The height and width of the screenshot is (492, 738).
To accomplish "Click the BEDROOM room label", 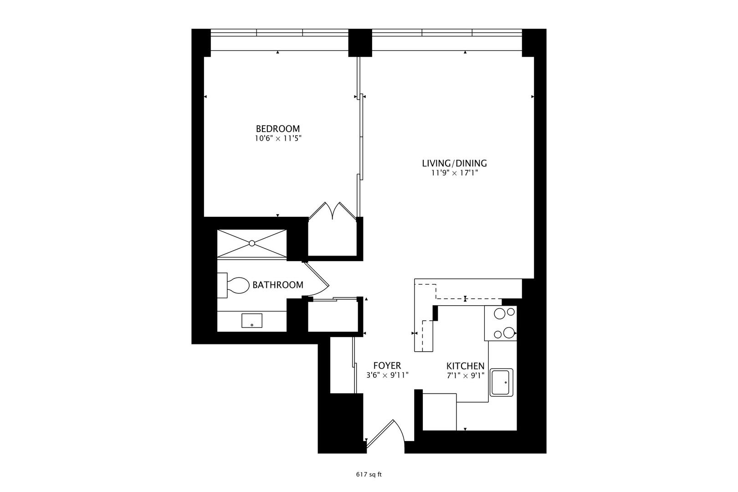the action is tap(278, 128).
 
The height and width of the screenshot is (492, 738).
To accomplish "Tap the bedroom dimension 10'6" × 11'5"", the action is tap(278, 138).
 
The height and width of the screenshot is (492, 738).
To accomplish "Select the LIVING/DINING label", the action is tap(454, 163).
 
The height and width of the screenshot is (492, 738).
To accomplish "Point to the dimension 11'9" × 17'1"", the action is tap(454, 173).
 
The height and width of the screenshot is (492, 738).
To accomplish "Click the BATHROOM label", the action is tap(278, 285).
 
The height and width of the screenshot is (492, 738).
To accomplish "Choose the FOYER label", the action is tap(387, 365).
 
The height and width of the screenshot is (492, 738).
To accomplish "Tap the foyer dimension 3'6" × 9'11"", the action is tap(387, 375).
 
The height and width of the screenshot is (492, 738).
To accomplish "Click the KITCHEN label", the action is tap(465, 366).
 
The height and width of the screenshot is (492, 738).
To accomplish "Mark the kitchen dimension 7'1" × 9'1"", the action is tap(465, 376).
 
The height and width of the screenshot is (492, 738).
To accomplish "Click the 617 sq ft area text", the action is tap(369, 475).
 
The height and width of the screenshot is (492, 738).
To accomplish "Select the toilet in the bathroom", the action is tap(233, 285).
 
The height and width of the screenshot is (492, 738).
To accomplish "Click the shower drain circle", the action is tap(252, 243).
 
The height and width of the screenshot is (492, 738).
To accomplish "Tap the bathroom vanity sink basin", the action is tap(252, 321).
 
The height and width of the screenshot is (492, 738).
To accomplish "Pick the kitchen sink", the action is tap(502, 382).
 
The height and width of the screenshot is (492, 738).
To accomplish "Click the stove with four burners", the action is tap(501, 323).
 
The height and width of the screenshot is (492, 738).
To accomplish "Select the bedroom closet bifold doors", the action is tap(333, 210).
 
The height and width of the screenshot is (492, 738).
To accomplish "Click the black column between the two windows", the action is tap(360, 43).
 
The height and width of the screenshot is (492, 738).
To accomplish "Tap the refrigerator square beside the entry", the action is tap(440, 412).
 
